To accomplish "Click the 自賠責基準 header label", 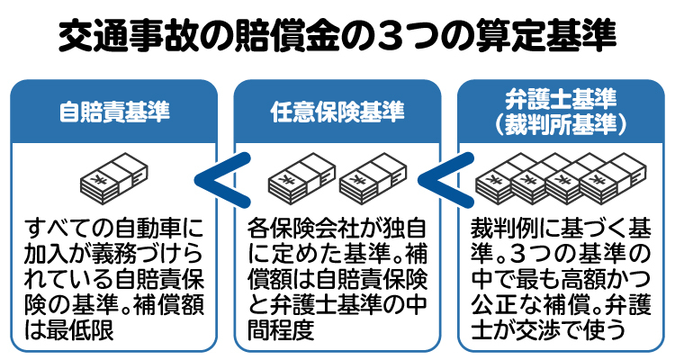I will point(113,112).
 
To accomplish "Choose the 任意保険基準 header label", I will point(337,112).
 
